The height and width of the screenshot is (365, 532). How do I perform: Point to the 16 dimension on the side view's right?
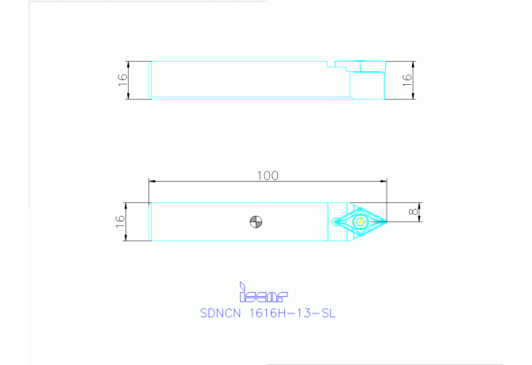[407, 80]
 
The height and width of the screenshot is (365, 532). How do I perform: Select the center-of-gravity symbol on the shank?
[256, 221]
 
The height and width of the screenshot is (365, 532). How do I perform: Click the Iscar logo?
[263, 294]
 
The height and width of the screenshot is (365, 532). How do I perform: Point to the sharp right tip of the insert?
[386, 221]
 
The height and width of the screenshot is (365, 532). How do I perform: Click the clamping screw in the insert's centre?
[359, 221]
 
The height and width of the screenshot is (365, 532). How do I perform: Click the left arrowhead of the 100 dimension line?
[153, 182]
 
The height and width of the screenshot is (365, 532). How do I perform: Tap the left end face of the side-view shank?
[151, 80]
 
